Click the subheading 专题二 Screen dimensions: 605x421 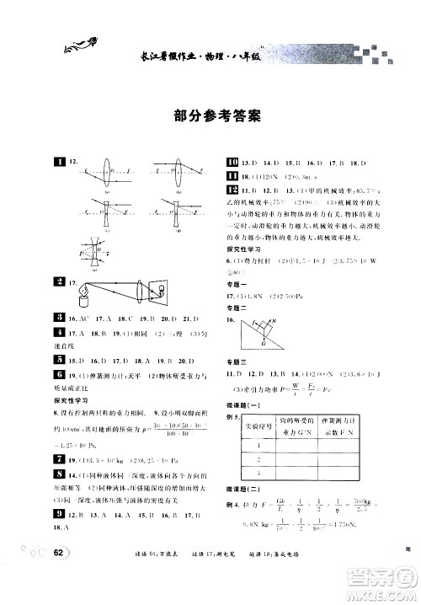237,309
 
